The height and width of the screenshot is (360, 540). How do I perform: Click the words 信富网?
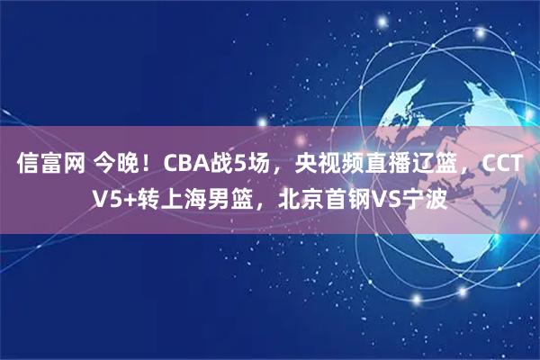[x=50, y=165]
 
